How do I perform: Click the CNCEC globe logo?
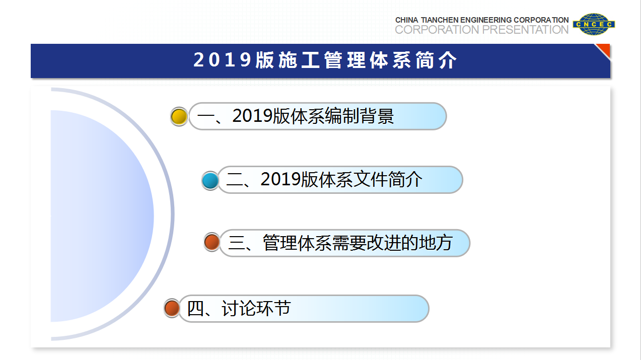coord(594,24)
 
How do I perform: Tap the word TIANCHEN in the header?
coord(440,20)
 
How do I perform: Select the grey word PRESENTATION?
coord(525,30)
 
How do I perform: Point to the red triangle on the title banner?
coord(604,50)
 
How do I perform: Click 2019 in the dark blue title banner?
coord(223,60)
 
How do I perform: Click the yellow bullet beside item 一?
coord(179,116)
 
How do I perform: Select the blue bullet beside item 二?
coord(210,180)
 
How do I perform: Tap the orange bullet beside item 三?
coord(212,242)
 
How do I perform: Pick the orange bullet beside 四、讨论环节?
coord(172,308)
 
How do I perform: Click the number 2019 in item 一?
coord(252,116)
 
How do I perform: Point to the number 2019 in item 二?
coord(280,179)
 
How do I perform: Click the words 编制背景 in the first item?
coord(360,116)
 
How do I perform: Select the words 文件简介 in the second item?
coord(388,179)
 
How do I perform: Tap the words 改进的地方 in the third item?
coord(409,243)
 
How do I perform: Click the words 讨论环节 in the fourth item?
coord(256,308)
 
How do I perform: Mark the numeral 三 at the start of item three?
coord(237,243)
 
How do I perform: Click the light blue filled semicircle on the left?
coord(100,216)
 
